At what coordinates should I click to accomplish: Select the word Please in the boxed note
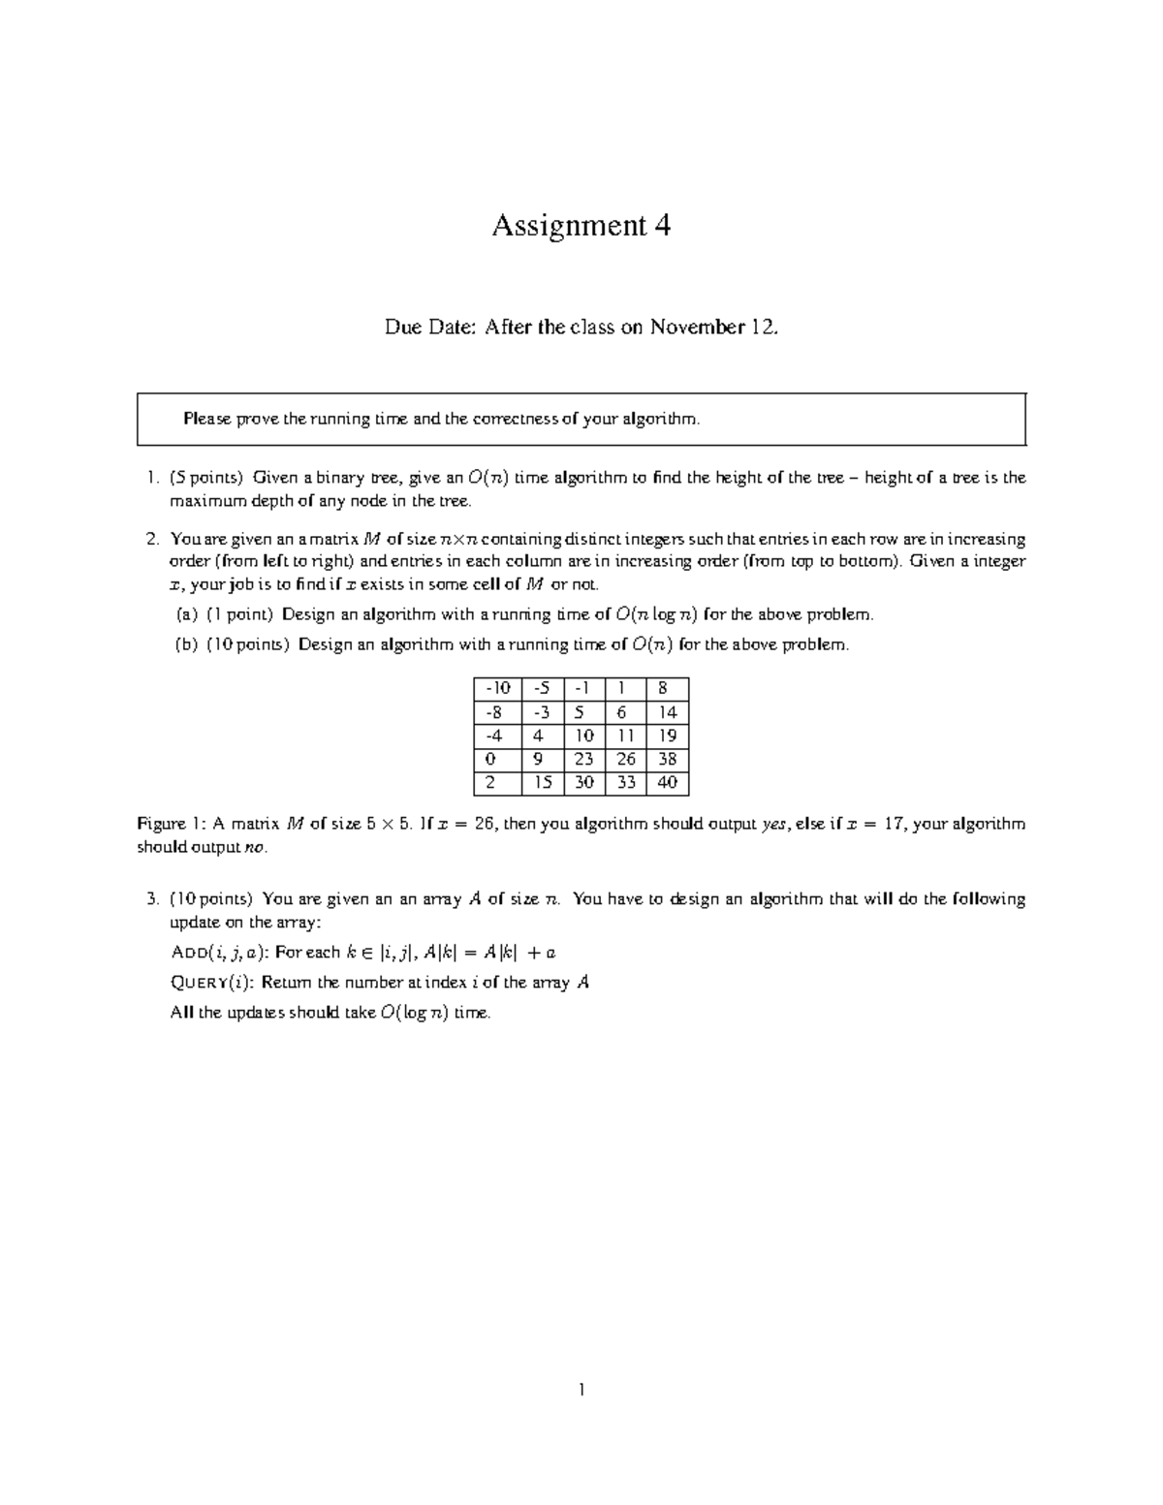[x=208, y=419]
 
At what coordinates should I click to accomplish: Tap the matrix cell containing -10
[x=497, y=689]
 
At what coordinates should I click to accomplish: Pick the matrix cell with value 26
[x=626, y=760]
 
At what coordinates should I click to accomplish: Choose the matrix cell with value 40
[x=667, y=783]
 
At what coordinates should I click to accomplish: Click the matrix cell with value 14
[x=667, y=712]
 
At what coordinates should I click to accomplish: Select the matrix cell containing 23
[x=583, y=760]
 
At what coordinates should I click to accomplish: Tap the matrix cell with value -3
[x=542, y=712]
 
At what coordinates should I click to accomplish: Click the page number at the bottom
[x=581, y=1391]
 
